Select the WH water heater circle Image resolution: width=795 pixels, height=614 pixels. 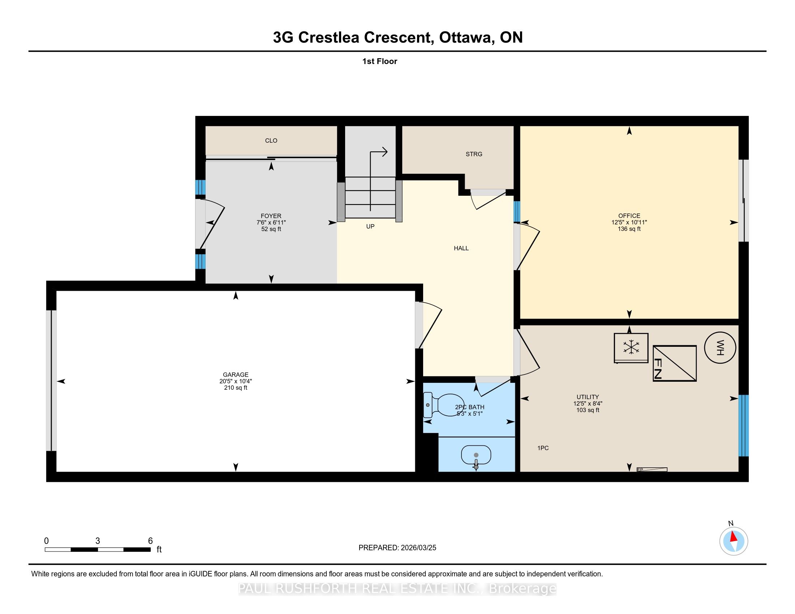pos(719,347)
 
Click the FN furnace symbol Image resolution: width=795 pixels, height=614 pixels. pos(675,363)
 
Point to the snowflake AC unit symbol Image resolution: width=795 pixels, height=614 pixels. pos(631,348)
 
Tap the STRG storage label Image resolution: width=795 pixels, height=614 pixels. pos(474,154)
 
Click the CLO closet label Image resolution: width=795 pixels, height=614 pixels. pos(271,140)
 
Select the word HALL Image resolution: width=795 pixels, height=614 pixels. pos(461,248)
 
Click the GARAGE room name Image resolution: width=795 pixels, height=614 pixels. pos(236,375)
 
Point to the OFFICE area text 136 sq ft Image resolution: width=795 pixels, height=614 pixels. pos(629,229)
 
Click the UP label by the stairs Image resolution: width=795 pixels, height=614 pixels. pos(370,226)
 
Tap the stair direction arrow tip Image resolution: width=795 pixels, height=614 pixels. pos(387,152)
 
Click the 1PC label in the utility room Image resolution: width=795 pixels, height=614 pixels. pos(543,448)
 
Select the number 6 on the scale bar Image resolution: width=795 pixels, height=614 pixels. pos(150,541)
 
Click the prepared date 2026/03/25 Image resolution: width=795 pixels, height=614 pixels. pos(418,548)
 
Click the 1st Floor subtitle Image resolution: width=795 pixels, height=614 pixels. pos(380,61)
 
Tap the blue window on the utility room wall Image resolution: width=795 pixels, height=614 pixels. pos(743,425)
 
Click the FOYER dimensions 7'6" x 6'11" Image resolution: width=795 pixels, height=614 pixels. pos(271,222)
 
